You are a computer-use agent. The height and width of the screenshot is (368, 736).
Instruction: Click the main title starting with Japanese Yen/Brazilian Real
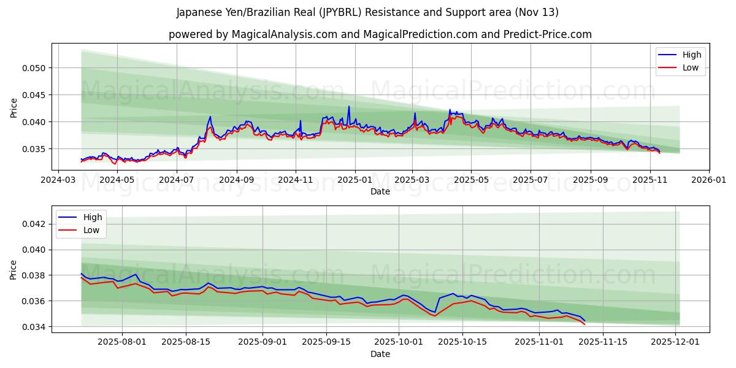(x=367, y=12)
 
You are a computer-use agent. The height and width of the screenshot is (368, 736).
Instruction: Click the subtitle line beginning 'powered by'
(x=380, y=34)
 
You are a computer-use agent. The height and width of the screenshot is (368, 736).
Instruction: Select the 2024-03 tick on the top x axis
(x=58, y=180)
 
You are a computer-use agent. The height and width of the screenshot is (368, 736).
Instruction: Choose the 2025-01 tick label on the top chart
(x=355, y=180)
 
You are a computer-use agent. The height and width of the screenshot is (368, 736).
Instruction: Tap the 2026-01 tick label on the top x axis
(x=708, y=180)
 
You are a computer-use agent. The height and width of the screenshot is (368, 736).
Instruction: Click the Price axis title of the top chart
(x=13, y=107)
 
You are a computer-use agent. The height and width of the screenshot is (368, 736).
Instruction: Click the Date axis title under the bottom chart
(x=380, y=355)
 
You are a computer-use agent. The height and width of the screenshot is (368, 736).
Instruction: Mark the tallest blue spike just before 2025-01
(x=349, y=107)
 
